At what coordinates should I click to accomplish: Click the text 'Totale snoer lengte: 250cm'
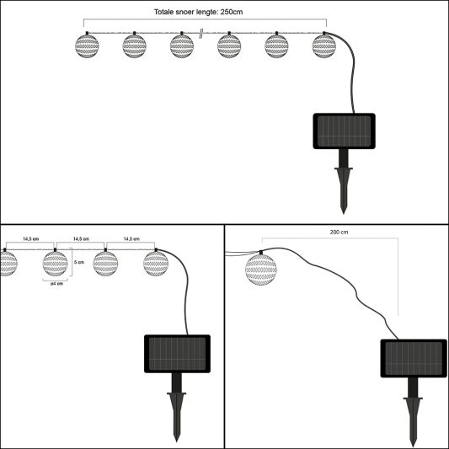(198, 12)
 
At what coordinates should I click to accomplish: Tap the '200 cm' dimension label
(339, 233)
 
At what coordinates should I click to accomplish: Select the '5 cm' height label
(79, 262)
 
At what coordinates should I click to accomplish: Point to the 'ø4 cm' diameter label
(56, 284)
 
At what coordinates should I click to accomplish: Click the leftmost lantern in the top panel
(87, 45)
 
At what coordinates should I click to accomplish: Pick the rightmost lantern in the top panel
(323, 45)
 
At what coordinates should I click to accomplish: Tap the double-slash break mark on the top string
(201, 33)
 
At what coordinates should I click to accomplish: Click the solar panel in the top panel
(344, 131)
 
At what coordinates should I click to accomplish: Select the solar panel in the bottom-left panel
(177, 354)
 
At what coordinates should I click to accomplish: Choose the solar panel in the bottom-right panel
(414, 358)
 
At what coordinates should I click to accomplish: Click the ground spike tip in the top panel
(344, 214)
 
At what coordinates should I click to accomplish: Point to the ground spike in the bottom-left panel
(177, 408)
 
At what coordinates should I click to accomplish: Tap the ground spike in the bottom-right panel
(413, 412)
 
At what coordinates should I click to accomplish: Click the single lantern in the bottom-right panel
(261, 270)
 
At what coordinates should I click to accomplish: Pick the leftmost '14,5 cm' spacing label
(31, 238)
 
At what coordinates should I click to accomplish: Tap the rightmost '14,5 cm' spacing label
(131, 238)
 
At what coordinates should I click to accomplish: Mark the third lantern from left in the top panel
(182, 45)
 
